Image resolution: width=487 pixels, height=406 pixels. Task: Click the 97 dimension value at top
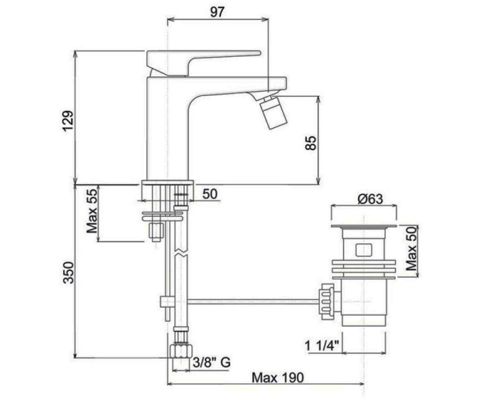tap(217, 12)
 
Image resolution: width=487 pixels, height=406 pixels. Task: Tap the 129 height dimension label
tap(68, 121)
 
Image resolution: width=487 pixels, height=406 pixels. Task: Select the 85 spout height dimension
tap(310, 143)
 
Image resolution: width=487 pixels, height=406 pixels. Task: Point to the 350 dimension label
tap(68, 272)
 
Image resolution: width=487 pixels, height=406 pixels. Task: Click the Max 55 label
tap(92, 212)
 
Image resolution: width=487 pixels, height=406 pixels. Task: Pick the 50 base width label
tap(210, 194)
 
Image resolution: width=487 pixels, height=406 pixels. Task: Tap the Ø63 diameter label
tap(370, 199)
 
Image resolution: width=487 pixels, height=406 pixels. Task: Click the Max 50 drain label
tap(411, 249)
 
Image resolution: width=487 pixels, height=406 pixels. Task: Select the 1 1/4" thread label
tap(322, 346)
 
